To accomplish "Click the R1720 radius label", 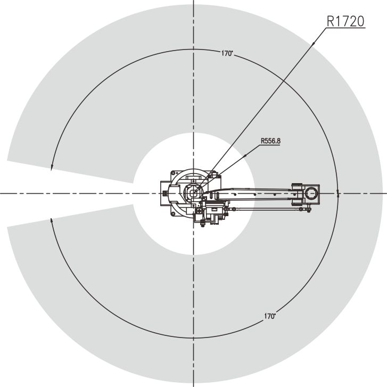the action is (345, 21).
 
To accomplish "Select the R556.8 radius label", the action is (270, 141).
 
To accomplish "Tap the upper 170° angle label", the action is (227, 53).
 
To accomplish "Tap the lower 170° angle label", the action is (270, 316).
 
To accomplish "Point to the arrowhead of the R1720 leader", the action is (313, 44).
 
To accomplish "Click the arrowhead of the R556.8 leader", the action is (245, 156).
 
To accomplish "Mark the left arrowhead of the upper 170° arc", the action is (51, 167).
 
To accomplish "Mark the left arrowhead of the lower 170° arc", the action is (51, 221).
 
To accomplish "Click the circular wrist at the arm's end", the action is (311, 193).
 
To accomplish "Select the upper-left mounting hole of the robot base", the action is (174, 173).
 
